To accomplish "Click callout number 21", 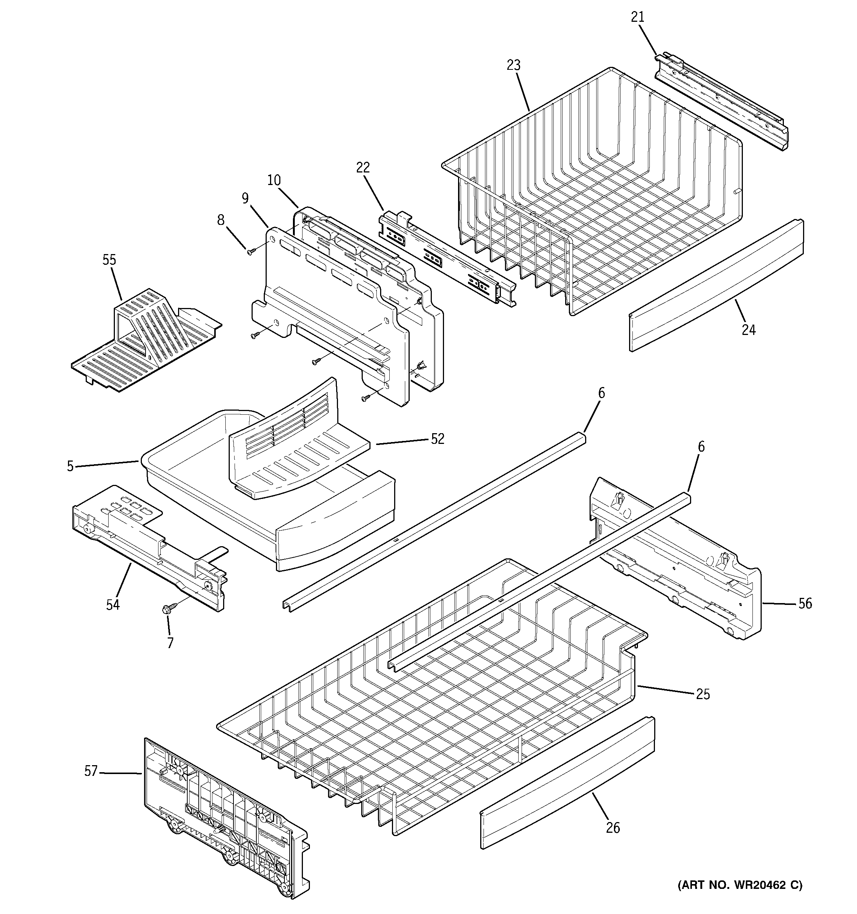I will pos(637,17).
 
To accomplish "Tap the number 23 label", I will pos(513,66).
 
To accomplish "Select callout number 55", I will pos(109,260).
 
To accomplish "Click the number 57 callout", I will pos(91,771).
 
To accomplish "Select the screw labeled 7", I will pos(167,610).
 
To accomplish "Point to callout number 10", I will pos(274,180).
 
